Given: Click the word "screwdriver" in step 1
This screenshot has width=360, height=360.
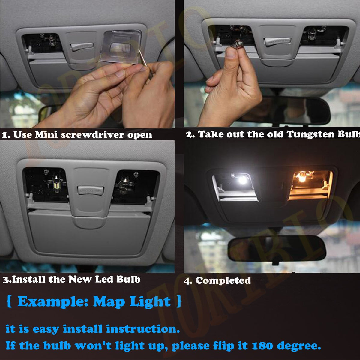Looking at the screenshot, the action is pos(93,135).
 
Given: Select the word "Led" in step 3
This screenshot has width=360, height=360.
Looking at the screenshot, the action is pos(104,279).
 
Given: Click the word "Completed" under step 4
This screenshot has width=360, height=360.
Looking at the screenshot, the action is pos(223,280).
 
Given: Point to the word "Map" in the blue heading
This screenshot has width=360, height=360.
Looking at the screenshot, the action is pos(109,301).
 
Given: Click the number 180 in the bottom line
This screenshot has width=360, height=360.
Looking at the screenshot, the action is pos(262,346).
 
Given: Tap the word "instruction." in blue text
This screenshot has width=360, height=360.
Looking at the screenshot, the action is pos(143,329).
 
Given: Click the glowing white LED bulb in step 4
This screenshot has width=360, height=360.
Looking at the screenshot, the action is pos(242,180).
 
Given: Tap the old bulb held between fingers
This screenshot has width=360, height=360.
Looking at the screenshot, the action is pos(238,44).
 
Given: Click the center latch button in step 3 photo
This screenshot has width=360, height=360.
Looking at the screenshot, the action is pos(90,190).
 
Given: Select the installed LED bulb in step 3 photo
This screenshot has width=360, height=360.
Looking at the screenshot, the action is pos(56,184).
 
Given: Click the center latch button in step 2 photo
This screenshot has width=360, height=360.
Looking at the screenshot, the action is pos(277,41).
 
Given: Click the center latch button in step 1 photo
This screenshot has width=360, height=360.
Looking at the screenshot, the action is pos(82,47).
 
